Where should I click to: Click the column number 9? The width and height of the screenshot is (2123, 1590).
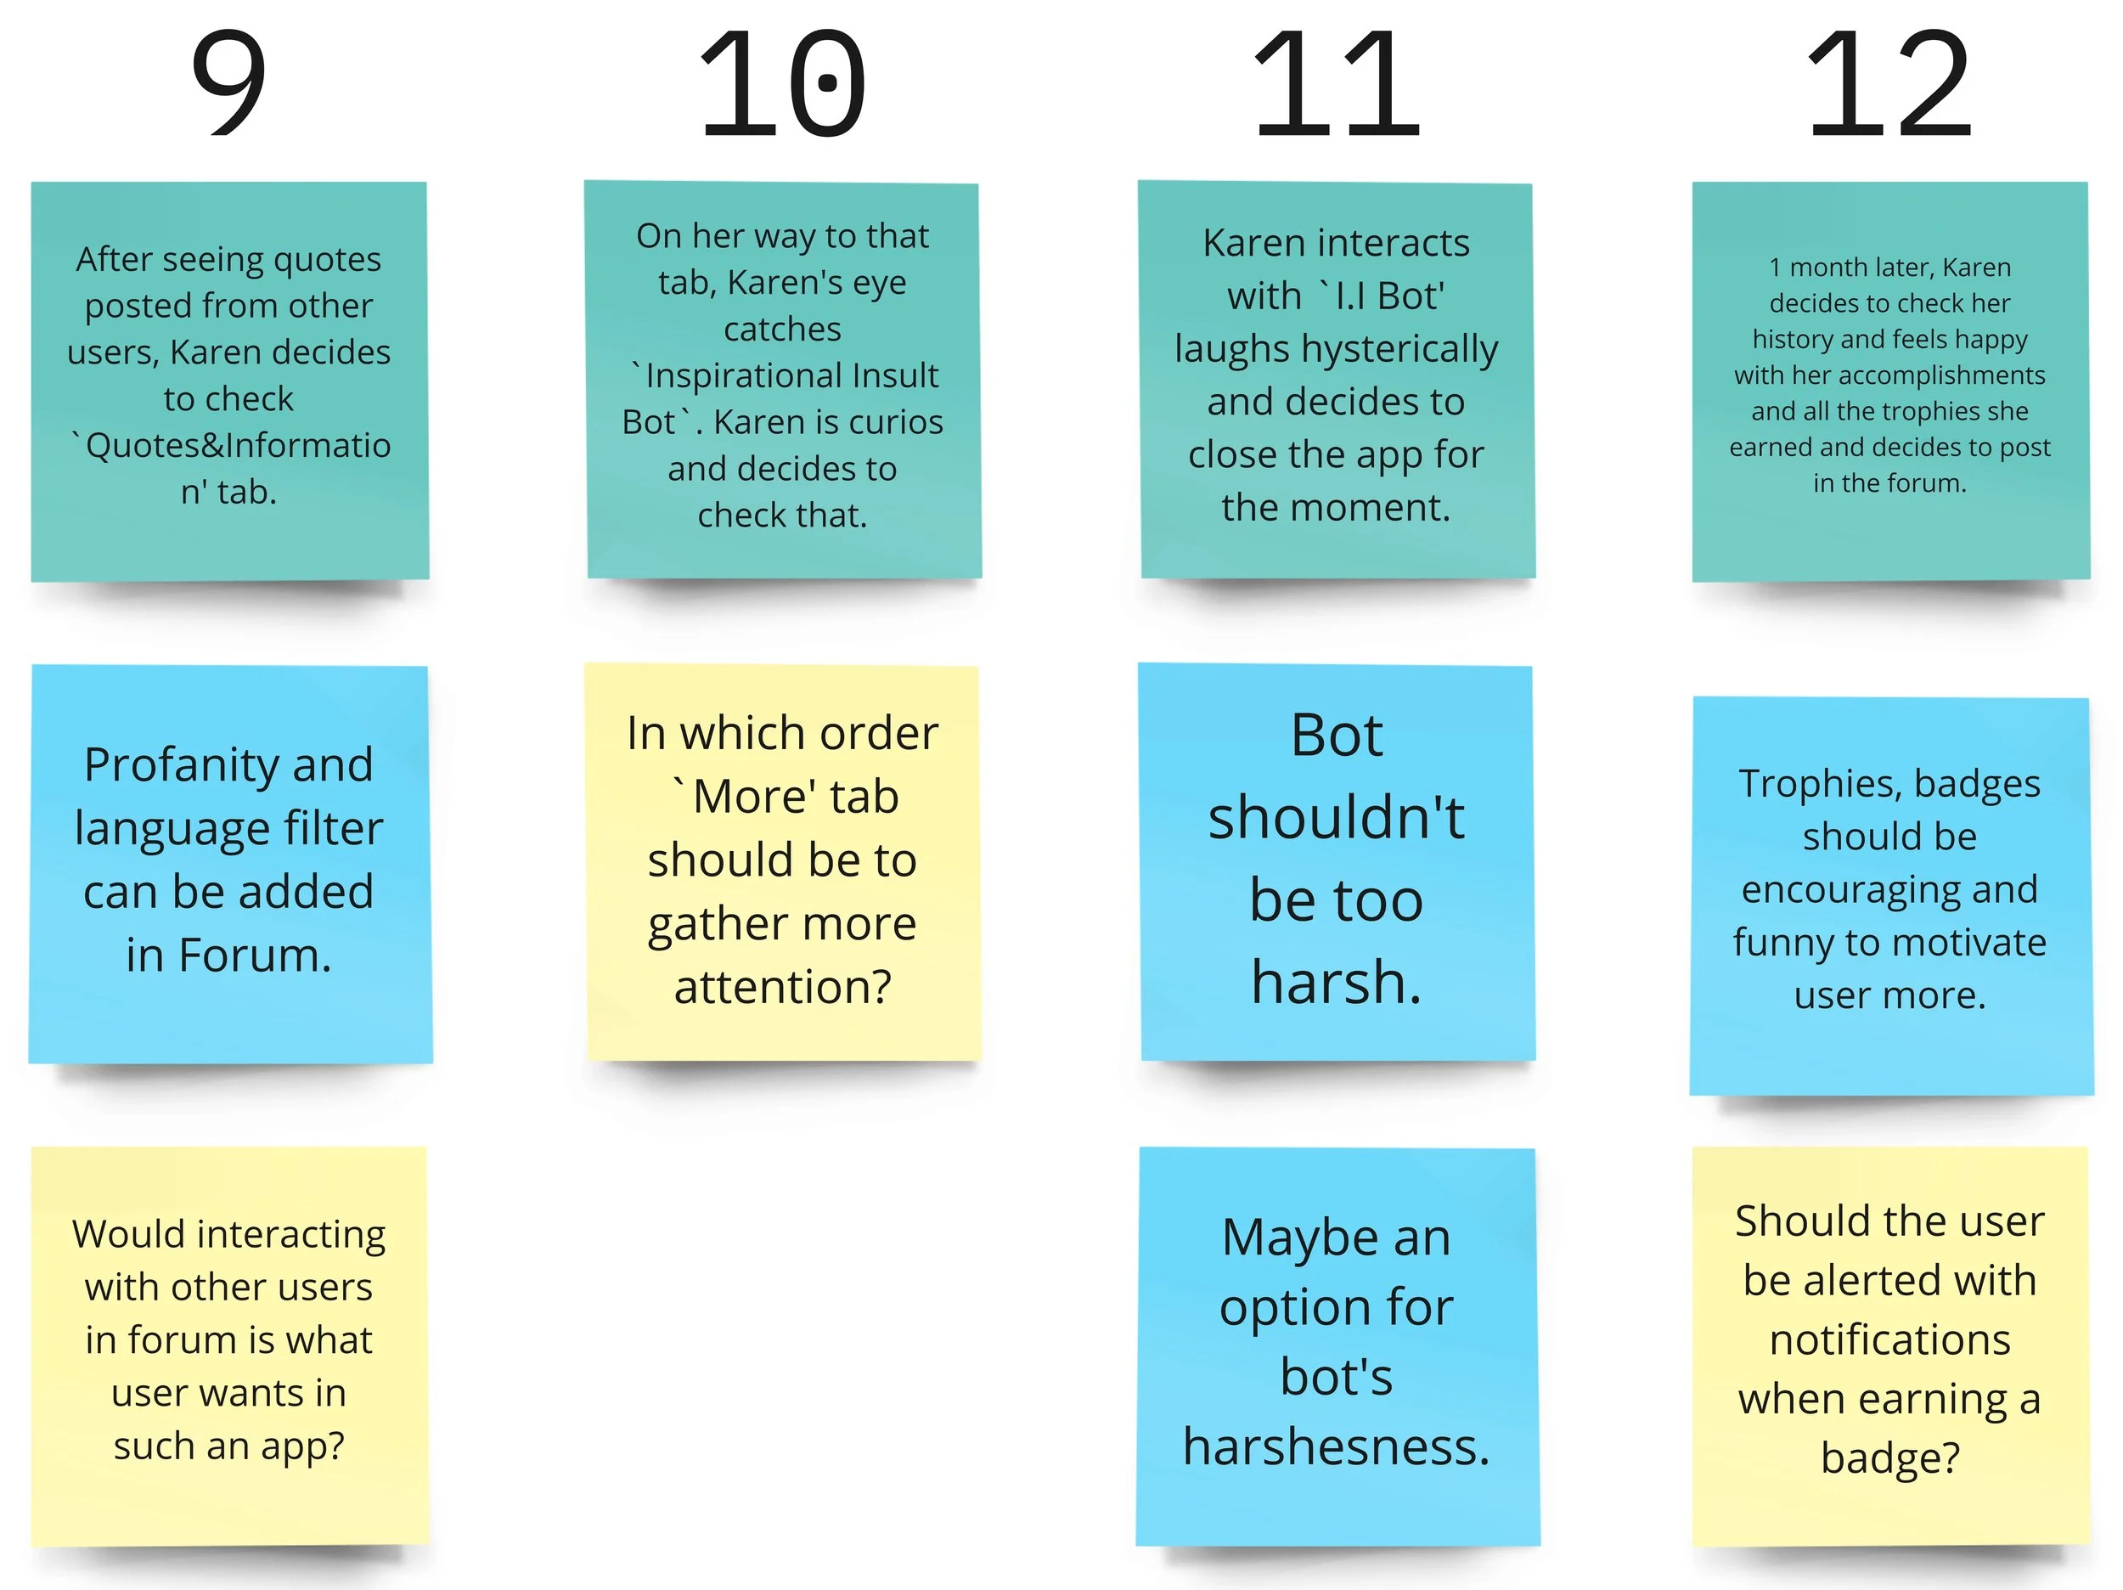click(x=228, y=83)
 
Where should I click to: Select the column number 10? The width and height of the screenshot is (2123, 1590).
click(x=782, y=83)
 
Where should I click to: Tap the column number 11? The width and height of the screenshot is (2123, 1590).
click(x=1336, y=83)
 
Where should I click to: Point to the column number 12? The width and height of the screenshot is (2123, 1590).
click(x=1889, y=83)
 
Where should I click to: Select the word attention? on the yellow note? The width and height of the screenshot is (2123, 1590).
click(x=783, y=986)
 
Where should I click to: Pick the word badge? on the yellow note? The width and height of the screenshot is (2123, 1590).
click(x=1889, y=1457)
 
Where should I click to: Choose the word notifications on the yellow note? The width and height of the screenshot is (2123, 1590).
click(x=1889, y=1339)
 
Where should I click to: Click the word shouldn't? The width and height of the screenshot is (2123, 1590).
click(x=1336, y=818)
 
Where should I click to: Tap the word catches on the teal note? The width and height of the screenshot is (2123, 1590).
click(x=782, y=330)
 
